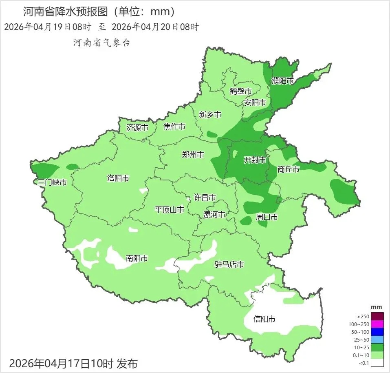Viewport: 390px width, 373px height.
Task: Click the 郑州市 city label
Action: (193, 155)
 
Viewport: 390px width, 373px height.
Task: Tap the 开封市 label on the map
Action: (255, 160)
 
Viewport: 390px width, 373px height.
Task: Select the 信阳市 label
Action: (264, 319)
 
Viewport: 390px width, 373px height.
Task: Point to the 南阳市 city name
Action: (137, 258)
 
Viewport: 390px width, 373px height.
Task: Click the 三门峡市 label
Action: (52, 182)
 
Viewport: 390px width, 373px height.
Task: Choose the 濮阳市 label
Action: (282, 81)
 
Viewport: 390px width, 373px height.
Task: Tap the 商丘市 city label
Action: (288, 169)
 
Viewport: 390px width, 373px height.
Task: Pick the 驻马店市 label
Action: (229, 264)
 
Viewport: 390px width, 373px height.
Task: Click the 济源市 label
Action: (137, 127)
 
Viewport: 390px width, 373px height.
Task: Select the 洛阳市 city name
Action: (118, 178)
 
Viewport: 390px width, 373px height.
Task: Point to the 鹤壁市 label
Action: (240, 91)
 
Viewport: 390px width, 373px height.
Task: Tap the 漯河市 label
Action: (214, 214)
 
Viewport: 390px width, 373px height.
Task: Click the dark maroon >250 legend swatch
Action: (377, 316)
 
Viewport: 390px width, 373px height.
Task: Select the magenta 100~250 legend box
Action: (377, 324)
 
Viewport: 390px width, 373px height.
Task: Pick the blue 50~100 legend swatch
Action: (377, 332)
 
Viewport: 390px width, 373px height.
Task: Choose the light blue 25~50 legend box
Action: (377, 340)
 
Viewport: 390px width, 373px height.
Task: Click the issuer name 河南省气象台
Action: (101, 42)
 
